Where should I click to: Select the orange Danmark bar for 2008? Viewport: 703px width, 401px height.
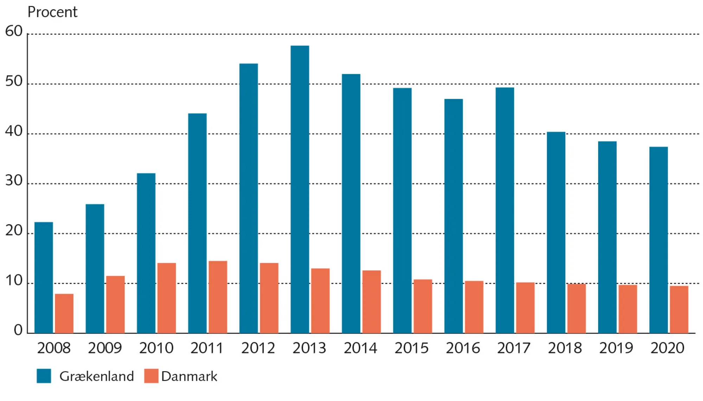coord(64,313)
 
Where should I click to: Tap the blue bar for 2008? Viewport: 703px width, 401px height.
coord(44,278)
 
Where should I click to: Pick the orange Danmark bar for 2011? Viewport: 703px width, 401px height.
coord(218,297)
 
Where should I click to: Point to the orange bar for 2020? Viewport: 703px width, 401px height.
coord(679,310)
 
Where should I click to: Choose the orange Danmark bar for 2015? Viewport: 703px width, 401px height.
coord(423,306)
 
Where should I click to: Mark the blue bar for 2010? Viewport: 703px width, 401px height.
coord(146,253)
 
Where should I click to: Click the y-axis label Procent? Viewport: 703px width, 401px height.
coord(52,12)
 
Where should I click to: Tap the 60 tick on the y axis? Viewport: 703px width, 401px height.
coord(14,31)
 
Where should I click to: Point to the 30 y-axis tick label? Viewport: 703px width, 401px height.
coord(14,181)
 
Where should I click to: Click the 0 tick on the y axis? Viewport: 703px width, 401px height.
coord(18,330)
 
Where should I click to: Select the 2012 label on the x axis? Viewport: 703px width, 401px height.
coord(258,348)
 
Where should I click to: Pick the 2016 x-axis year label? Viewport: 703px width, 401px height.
coord(463,348)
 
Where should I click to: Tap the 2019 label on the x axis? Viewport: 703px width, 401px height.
coord(616,348)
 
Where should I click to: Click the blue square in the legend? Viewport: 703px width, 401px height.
coord(44,376)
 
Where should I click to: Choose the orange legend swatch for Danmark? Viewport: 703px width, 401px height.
coord(151,376)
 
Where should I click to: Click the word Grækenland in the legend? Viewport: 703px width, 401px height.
coord(97,376)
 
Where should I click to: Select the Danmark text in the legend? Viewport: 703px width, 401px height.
coord(189,376)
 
